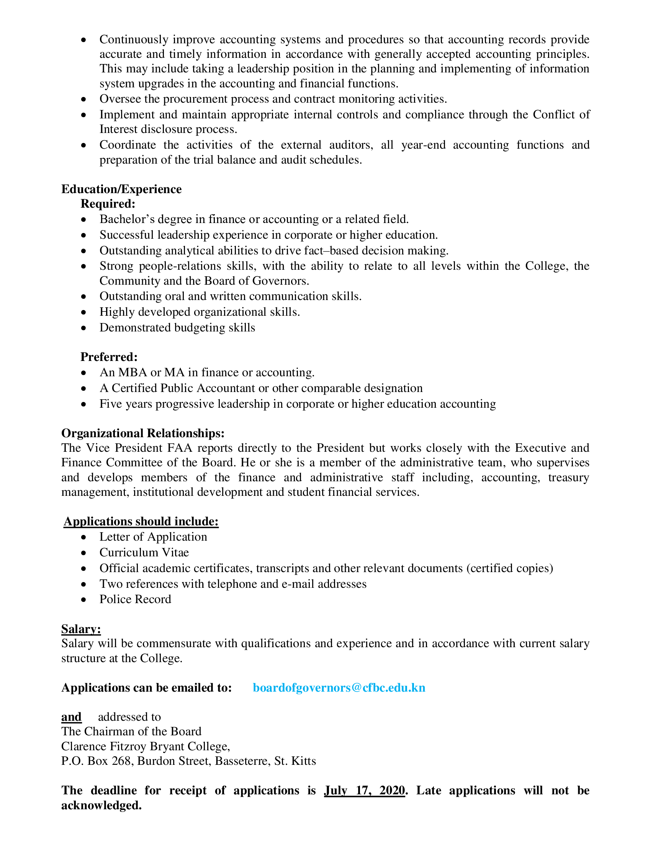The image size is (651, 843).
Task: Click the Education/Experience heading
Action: point(121,189)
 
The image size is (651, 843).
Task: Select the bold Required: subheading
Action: point(108,203)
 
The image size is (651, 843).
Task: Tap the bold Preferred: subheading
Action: point(109,357)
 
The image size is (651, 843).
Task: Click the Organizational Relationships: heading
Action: point(143,433)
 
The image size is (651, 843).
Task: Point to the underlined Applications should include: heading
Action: point(141,522)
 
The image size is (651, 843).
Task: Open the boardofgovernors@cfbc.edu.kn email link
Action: point(339,687)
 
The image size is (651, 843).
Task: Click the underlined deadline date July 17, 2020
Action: point(365,790)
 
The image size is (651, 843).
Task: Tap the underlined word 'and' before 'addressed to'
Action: point(71,717)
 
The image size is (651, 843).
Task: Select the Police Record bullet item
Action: point(135,599)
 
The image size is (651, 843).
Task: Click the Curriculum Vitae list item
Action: point(144,552)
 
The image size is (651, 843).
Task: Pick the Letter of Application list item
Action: point(153,536)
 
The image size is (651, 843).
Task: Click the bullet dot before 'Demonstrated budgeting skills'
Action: point(84,328)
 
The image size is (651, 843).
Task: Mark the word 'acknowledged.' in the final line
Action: point(101,805)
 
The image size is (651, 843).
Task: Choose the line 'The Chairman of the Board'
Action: point(131,731)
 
